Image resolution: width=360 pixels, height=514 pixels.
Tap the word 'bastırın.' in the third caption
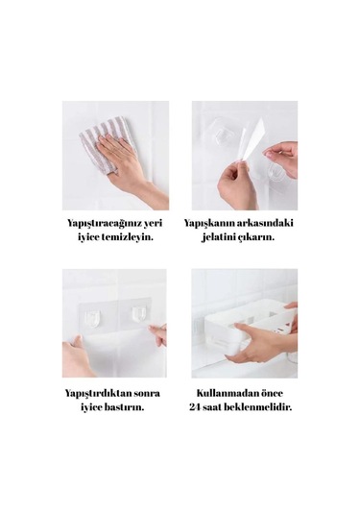click(x=125, y=407)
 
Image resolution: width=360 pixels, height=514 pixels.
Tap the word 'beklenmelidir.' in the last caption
click(x=260, y=407)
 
